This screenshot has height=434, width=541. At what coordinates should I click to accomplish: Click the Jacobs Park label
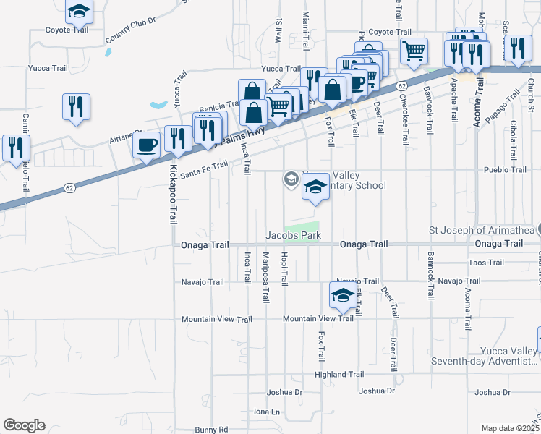coord(293,235)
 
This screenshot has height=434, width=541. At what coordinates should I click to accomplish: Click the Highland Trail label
coord(339,375)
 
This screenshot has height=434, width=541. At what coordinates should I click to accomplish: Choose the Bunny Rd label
coord(211,430)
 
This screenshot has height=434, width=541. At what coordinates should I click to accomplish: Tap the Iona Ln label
coord(266,412)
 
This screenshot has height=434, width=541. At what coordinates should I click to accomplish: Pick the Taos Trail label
coord(486,262)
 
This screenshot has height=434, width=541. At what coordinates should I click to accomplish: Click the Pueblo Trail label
coord(505,170)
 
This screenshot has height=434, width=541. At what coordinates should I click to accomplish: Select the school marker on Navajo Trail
coord(342,294)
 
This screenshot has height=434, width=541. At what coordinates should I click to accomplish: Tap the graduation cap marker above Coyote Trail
coord(79,10)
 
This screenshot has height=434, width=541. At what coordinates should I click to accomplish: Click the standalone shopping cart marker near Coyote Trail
coord(414,50)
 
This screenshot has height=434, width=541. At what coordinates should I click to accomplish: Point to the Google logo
coord(24,425)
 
